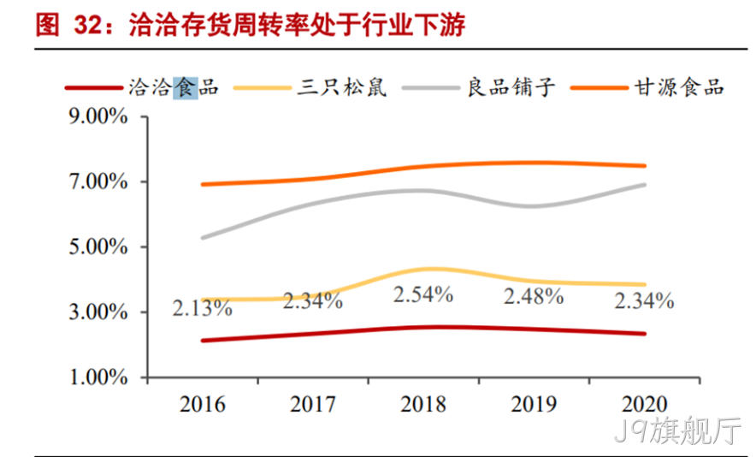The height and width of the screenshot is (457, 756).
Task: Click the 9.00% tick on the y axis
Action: tap(98, 116)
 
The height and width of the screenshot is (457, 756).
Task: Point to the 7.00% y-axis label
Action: tap(98, 182)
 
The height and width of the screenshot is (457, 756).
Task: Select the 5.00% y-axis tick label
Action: tap(98, 246)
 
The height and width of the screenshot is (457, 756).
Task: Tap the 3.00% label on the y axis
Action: tap(98, 312)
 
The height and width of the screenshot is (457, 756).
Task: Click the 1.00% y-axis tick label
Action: tap(98, 377)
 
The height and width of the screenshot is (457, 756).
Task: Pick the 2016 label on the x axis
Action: tap(203, 404)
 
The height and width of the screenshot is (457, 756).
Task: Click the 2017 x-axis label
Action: tap(313, 404)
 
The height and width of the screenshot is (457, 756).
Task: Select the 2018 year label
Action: tap(423, 404)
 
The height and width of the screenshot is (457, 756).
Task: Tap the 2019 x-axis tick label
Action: tap(534, 404)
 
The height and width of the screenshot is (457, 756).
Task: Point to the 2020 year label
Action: tap(644, 404)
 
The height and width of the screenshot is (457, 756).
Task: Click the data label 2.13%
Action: tap(203, 308)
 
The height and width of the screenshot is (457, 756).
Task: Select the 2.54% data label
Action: tap(423, 294)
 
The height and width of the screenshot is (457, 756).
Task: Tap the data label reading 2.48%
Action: tap(534, 296)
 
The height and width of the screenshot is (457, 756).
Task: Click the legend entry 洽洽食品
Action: tap(174, 88)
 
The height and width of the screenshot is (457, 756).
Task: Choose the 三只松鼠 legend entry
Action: tap(342, 88)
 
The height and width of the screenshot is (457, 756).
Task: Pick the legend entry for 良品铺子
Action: tap(511, 88)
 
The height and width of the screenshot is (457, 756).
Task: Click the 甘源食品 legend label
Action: tap(679, 88)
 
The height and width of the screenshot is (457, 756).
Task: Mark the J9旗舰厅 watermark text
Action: tap(677, 430)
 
